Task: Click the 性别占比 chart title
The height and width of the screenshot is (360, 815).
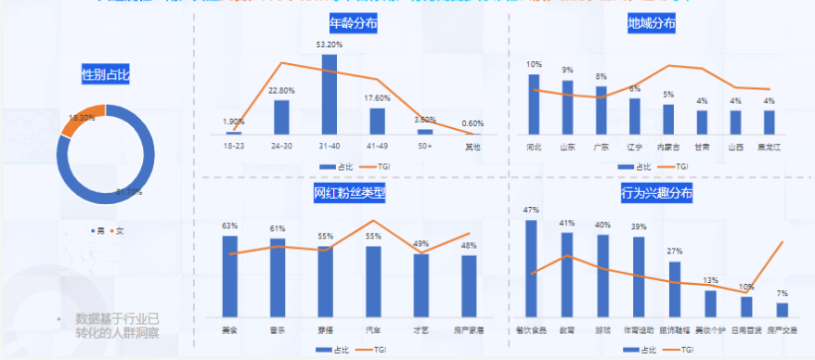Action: [x=106, y=73]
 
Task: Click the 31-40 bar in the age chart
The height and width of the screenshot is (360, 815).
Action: [x=329, y=94]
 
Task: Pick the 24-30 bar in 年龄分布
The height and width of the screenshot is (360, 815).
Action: [x=281, y=117]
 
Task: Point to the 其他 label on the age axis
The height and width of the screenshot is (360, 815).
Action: [x=472, y=147]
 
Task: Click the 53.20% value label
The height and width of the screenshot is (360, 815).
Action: [x=329, y=45]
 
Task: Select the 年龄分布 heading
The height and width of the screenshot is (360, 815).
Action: [x=353, y=24]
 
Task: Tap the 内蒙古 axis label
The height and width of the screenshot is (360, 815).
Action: [x=667, y=147]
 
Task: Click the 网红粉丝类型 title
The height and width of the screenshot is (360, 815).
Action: [x=349, y=193]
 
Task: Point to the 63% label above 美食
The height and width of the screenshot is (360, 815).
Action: [x=229, y=226]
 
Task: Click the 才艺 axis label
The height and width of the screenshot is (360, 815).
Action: [x=421, y=329]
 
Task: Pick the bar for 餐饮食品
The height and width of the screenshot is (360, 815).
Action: [x=531, y=268]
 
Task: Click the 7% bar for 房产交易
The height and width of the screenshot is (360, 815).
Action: [x=783, y=310]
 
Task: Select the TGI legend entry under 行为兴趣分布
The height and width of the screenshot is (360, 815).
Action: [x=681, y=350]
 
